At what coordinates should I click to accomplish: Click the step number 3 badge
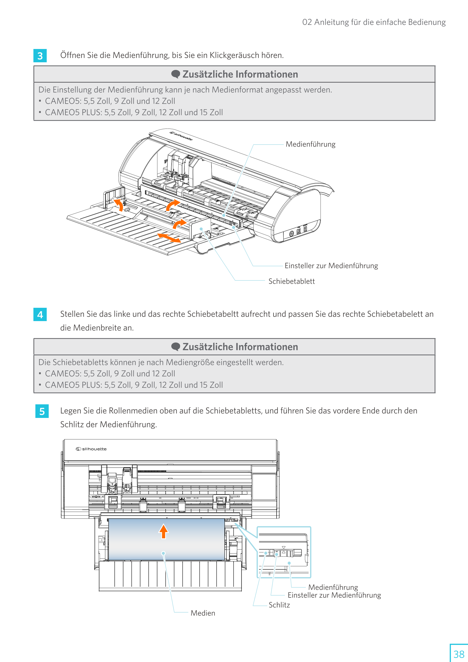coord(40,56)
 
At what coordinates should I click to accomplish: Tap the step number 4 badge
coord(40,314)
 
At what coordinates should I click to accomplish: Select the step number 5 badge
coord(42,411)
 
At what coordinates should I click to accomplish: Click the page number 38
coord(458,654)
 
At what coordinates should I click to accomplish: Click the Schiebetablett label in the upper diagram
coord(292,281)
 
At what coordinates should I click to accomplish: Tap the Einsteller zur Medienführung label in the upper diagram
coord(331,266)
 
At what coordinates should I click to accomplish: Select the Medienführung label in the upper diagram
coord(310,144)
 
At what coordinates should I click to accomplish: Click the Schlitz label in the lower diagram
coord(279,605)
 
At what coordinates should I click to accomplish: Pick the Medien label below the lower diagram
coord(203,613)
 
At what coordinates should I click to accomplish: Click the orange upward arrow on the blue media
coord(163,531)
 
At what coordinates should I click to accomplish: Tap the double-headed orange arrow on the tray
coord(169,238)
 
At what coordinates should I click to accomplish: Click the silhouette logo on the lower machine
coord(91,449)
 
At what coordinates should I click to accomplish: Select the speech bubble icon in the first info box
coord(176,74)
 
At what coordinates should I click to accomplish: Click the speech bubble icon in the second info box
coord(176,347)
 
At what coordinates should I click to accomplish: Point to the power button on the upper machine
coord(291,233)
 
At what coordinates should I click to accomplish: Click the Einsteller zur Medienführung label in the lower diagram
coord(334,595)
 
